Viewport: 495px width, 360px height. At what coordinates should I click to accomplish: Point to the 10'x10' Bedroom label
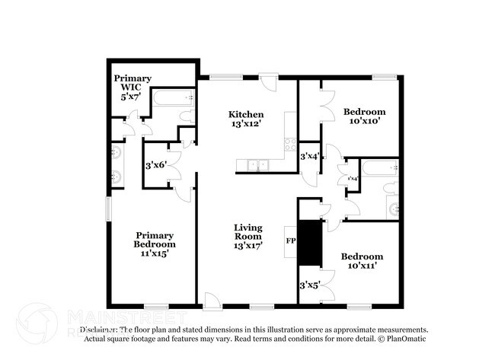(x=364, y=112)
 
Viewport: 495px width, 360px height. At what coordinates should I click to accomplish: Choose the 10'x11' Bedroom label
(x=362, y=256)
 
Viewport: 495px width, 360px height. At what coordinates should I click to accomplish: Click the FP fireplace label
(x=290, y=241)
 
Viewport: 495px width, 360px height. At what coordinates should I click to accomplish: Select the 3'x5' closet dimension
(x=309, y=285)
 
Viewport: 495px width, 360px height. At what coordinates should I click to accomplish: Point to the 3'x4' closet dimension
(x=309, y=156)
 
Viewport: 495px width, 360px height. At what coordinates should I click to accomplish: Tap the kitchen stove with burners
(x=289, y=142)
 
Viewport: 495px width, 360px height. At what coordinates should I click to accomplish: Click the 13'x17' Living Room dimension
(x=248, y=246)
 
